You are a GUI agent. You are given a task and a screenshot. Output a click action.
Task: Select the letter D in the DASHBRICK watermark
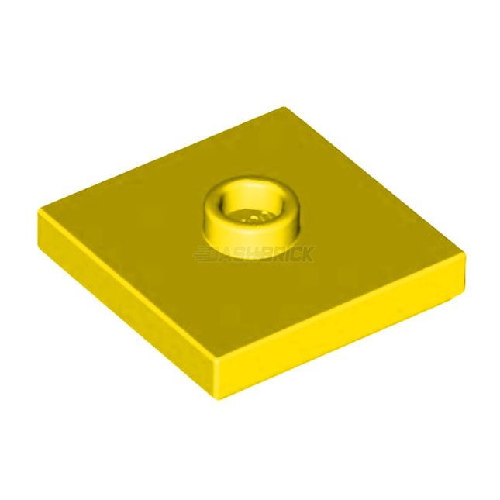click(x=220, y=253)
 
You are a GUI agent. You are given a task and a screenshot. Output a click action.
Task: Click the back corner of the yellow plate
click(x=284, y=108)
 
